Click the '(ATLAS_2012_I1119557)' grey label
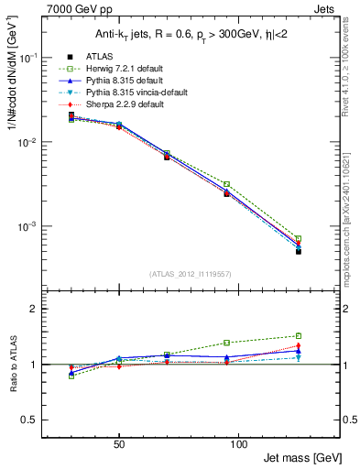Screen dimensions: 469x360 click(x=191, y=274)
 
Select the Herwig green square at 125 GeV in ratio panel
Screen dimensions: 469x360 click(x=299, y=335)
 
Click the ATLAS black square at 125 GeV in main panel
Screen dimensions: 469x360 click(x=299, y=251)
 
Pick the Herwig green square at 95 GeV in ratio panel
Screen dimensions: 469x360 click(x=226, y=343)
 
